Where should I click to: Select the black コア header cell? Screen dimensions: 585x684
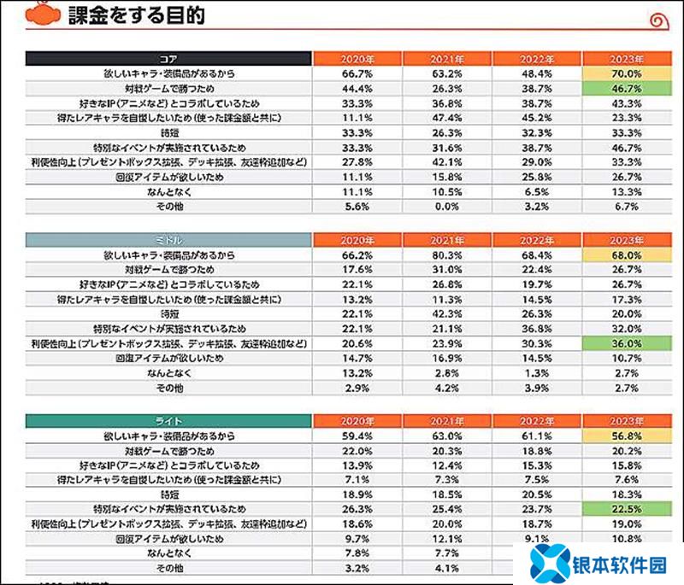(x=167, y=59)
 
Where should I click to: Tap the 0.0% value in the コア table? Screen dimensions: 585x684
(x=445, y=206)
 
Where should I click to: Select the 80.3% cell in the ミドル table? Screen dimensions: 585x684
(x=445, y=254)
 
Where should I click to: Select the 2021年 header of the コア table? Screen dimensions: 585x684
(x=445, y=59)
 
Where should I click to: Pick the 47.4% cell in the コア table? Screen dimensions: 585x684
(x=445, y=118)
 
